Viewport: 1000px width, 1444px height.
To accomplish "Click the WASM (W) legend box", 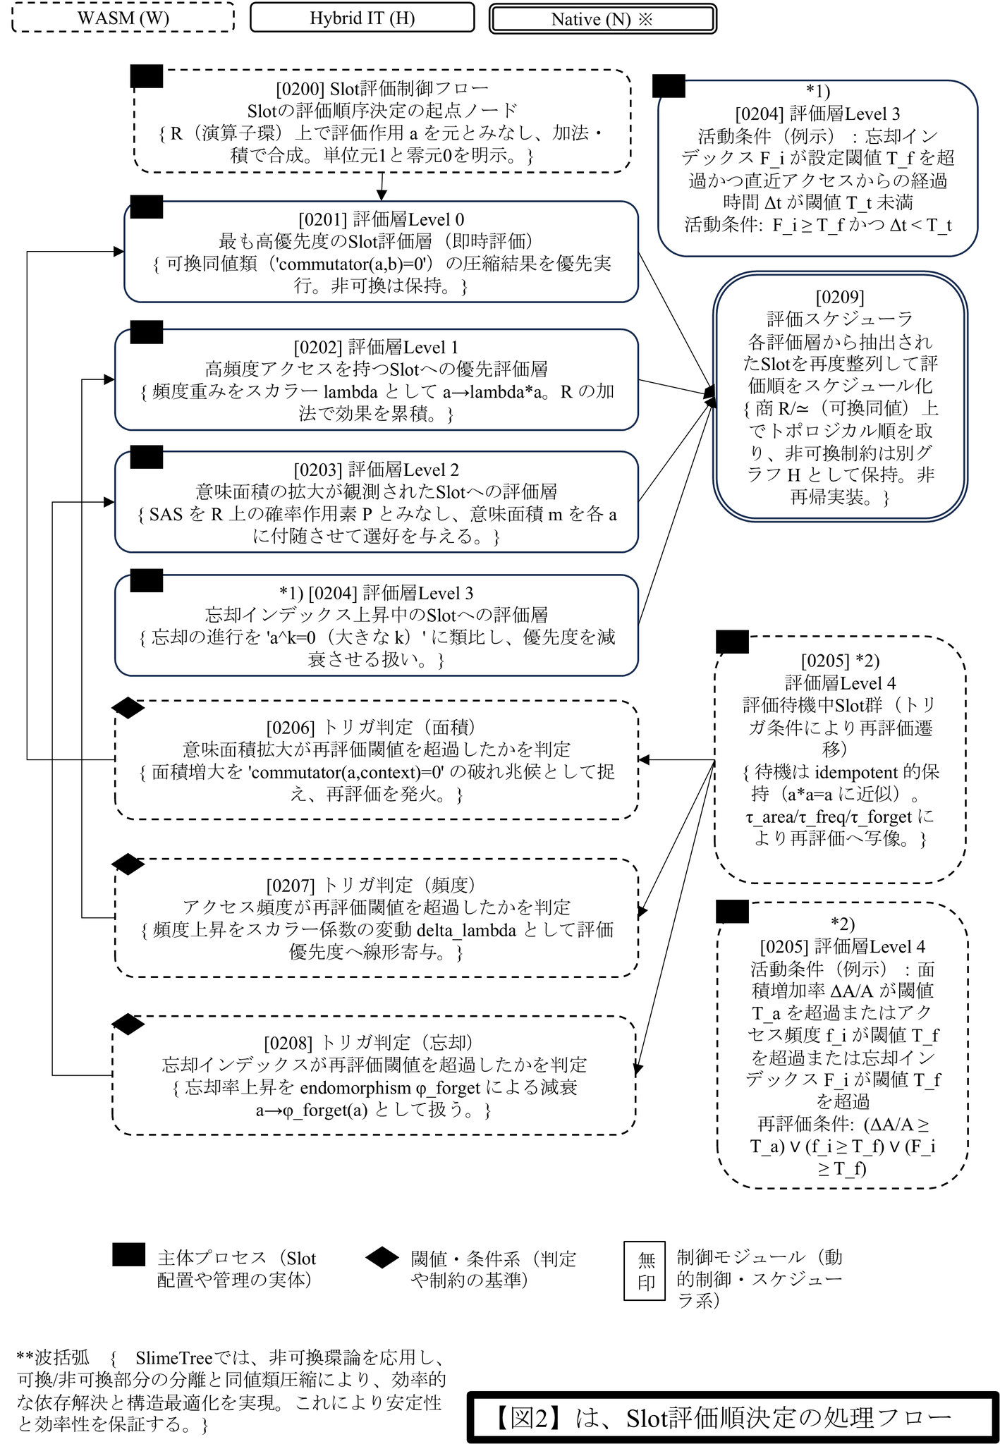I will click(x=123, y=18).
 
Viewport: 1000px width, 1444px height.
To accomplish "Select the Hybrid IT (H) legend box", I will click(x=362, y=18).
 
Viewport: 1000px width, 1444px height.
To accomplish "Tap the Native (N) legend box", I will click(x=602, y=19).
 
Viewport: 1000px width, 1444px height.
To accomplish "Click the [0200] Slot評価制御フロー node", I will click(x=382, y=121).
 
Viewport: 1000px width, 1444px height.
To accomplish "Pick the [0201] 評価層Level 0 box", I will click(x=381, y=252).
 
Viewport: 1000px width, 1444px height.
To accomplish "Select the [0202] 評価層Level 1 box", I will click(x=377, y=379).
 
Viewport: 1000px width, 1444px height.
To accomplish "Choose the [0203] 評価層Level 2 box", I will click(x=377, y=502).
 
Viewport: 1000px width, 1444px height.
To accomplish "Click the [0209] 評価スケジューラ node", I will click(x=839, y=397).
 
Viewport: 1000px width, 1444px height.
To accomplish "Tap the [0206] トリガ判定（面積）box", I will click(x=377, y=760).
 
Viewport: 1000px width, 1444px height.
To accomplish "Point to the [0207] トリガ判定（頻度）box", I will click(x=377, y=918).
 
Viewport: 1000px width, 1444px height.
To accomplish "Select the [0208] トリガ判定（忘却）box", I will click(x=374, y=1075).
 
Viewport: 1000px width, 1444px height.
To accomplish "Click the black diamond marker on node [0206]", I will click(x=128, y=708).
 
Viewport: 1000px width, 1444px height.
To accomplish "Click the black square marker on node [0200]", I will click(x=147, y=76).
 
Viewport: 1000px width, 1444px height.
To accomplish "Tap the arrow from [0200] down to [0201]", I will click(x=382, y=187).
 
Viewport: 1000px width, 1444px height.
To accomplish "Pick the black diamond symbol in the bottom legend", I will click(x=382, y=1257).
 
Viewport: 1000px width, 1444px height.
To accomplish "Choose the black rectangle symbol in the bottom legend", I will click(x=129, y=1255).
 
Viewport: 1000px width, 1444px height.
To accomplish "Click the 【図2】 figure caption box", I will click(x=733, y=1417).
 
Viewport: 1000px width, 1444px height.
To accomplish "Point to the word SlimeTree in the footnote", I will click(x=173, y=1358).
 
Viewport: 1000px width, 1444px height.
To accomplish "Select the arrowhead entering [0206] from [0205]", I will click(x=644, y=760).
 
